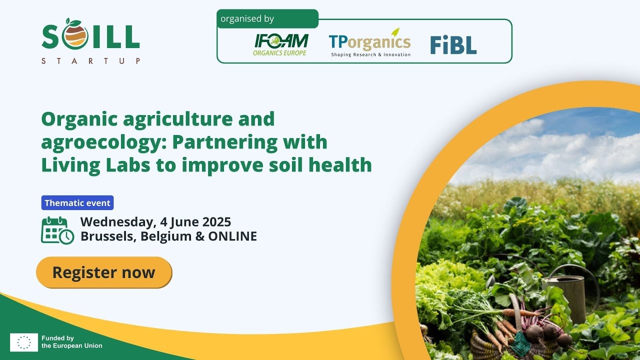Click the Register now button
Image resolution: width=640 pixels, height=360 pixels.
tap(104, 272)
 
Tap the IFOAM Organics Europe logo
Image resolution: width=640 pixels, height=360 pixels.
tap(281, 44)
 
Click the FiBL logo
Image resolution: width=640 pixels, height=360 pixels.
tap(453, 45)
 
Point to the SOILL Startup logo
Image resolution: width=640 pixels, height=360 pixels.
tap(90, 41)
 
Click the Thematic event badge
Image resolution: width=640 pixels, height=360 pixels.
tap(77, 203)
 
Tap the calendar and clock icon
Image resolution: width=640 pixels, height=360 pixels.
tap(57, 230)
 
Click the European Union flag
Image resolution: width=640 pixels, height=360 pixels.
tap(24, 342)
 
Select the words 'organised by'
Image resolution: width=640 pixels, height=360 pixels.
tap(247, 19)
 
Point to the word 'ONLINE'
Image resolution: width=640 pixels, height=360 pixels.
tap(232, 236)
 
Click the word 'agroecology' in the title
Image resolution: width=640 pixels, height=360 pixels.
tap(103, 142)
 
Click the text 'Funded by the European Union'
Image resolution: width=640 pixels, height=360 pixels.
tap(72, 342)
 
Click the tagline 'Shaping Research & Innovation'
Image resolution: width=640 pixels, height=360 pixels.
tap(370, 54)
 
